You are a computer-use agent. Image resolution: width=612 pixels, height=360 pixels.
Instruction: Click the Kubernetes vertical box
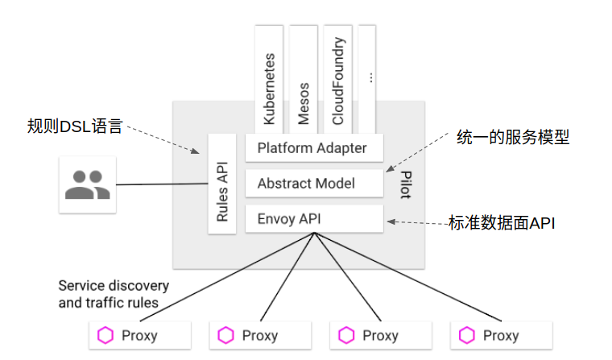pyautogui.click(x=269, y=80)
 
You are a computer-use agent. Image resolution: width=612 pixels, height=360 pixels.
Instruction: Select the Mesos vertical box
pyautogui.click(x=304, y=80)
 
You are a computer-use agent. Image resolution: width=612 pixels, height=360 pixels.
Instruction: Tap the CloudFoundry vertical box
pyautogui.click(x=337, y=80)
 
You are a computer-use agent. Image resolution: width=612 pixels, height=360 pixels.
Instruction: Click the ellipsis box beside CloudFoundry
pyautogui.click(x=367, y=80)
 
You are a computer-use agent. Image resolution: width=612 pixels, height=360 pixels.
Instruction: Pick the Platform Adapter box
pyautogui.click(x=314, y=148)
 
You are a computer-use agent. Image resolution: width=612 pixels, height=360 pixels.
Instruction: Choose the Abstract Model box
pyautogui.click(x=314, y=183)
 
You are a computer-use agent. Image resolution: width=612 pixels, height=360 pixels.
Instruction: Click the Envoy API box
pyautogui.click(x=314, y=218)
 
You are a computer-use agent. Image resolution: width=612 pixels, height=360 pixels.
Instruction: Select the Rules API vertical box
pyautogui.click(x=222, y=184)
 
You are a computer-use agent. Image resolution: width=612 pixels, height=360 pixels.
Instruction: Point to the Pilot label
pyautogui.click(x=406, y=184)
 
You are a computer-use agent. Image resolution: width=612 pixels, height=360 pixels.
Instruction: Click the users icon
pyautogui.click(x=88, y=184)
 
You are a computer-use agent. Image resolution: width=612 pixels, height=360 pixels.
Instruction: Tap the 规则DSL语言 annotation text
pyautogui.click(x=75, y=126)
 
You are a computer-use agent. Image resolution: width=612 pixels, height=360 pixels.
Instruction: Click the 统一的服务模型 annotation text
pyautogui.click(x=513, y=138)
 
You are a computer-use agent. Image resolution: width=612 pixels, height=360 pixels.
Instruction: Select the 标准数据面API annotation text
pyautogui.click(x=502, y=223)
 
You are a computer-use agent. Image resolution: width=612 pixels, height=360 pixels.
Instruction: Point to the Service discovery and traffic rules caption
pyautogui.click(x=114, y=294)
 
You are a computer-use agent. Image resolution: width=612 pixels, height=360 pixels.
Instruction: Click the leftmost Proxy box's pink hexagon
pyautogui.click(x=105, y=335)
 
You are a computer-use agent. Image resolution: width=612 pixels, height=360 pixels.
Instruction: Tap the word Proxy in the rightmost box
pyautogui.click(x=501, y=336)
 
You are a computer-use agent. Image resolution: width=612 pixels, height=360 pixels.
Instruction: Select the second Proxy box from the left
pyautogui.click(x=260, y=335)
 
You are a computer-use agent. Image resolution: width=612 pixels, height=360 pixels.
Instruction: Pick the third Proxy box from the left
pyautogui.click(x=381, y=335)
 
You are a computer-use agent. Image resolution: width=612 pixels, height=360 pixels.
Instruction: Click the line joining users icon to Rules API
pyautogui.click(x=162, y=184)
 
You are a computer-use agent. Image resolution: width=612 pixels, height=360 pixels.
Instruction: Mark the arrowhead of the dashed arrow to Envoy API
pyautogui.click(x=391, y=221)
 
